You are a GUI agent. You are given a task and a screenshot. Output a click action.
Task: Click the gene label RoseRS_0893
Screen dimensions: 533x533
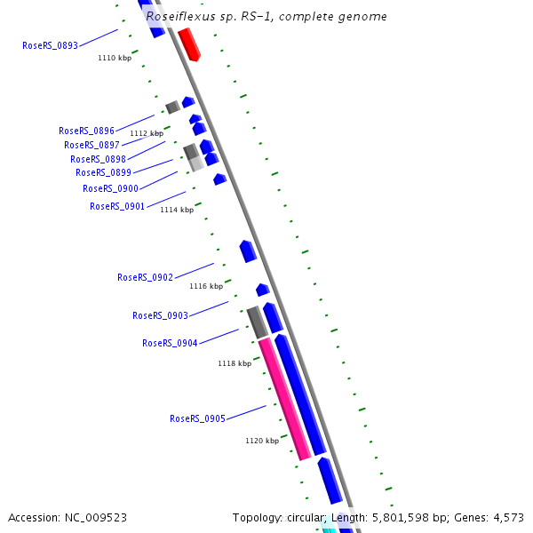pyautogui.click(x=50, y=45)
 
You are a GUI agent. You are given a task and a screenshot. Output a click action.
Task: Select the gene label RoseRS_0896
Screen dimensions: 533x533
pyautogui.click(x=86, y=131)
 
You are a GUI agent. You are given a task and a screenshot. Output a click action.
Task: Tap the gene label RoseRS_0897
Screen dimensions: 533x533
pyautogui.click(x=91, y=145)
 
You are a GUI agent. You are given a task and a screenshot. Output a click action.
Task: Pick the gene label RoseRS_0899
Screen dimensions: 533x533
pyautogui.click(x=103, y=172)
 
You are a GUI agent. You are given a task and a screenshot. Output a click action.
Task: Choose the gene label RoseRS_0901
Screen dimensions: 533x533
pyautogui.click(x=117, y=206)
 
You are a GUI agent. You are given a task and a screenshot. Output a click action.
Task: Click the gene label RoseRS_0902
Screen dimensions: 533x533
pyautogui.click(x=145, y=277)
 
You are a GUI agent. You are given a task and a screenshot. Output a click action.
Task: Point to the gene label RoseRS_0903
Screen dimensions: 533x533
pyautogui.click(x=160, y=315)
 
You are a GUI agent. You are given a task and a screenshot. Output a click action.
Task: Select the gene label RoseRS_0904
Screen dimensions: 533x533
pyautogui.click(x=170, y=343)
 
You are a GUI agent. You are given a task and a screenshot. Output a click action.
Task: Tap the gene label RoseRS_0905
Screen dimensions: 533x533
pyautogui.click(x=197, y=418)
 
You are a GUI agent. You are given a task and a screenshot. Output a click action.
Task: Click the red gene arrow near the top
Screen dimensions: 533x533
pyautogui.click(x=189, y=44)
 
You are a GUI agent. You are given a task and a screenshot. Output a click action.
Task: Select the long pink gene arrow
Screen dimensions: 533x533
pyautogui.click(x=284, y=399)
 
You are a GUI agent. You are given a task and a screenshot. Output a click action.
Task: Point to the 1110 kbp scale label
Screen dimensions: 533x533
pyautogui.click(x=115, y=58)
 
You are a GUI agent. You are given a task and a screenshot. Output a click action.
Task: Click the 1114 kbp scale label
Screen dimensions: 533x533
pyautogui.click(x=177, y=210)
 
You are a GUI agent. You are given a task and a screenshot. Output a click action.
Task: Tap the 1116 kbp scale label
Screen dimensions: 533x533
pyautogui.click(x=206, y=286)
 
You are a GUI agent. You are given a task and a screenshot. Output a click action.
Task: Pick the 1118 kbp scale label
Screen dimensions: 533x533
pyautogui.click(x=235, y=363)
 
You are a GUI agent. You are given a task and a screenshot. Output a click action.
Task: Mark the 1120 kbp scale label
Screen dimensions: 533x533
pyautogui.click(x=262, y=440)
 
